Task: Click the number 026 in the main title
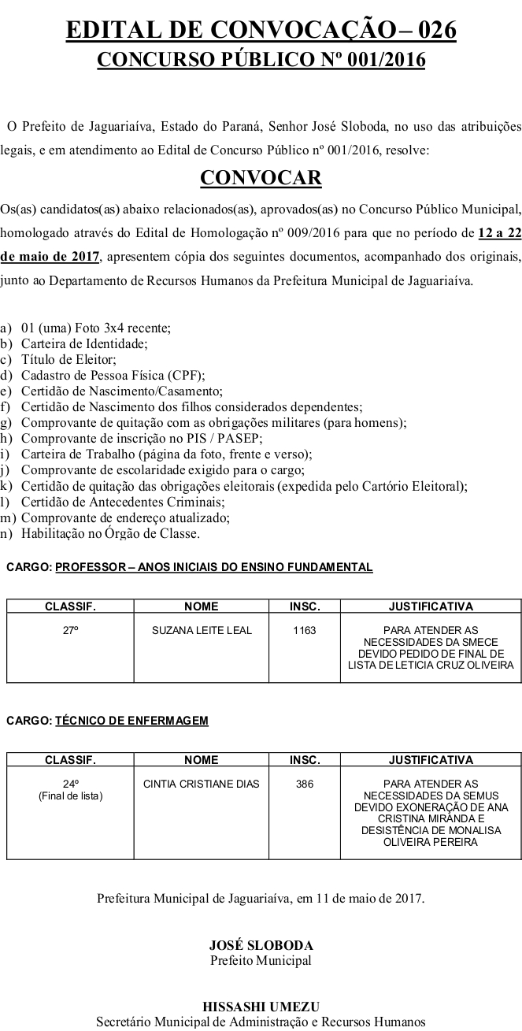click(x=431, y=31)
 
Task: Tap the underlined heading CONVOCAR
click(x=261, y=178)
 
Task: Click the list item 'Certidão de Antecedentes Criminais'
click(x=123, y=502)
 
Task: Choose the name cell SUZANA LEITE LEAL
click(x=201, y=631)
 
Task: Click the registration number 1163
click(x=305, y=631)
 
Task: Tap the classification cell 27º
click(x=71, y=631)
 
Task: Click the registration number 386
click(x=305, y=784)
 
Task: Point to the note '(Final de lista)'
click(x=71, y=796)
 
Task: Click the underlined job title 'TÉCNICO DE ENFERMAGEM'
click(x=131, y=721)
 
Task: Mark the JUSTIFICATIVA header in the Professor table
click(x=431, y=606)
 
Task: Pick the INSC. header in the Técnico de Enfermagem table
click(x=305, y=760)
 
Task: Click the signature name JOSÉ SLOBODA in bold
click(x=261, y=945)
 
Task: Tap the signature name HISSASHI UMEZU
click(x=261, y=1007)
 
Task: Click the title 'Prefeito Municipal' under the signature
click(x=261, y=960)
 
